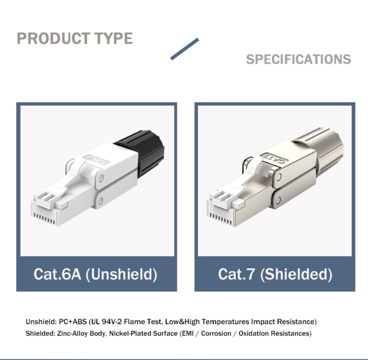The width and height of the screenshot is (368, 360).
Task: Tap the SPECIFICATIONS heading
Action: pos(298,59)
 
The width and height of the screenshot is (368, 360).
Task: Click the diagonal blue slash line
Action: pos(184,49)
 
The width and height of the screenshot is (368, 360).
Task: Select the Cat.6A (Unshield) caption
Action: pos(95,274)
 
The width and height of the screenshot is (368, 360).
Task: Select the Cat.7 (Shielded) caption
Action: pos(275,274)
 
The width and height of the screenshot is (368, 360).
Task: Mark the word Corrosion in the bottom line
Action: pos(216,334)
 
